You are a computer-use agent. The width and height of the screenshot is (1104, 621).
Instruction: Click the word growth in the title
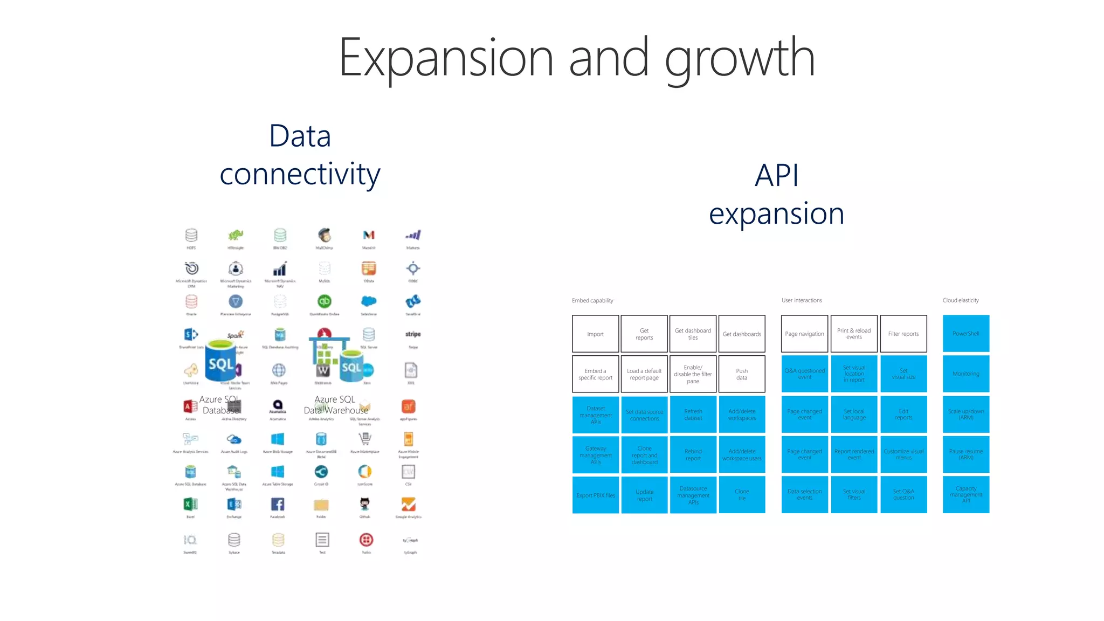point(740,58)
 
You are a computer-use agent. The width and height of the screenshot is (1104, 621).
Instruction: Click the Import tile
point(595,334)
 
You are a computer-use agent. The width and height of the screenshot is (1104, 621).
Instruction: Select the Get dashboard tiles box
point(693,334)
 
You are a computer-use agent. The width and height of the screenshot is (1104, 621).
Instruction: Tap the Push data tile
point(742,374)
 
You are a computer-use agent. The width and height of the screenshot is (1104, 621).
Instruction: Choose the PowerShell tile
point(965,334)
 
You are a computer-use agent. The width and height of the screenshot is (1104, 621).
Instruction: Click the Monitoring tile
point(965,374)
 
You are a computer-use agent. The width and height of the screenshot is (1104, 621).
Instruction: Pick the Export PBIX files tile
point(595,495)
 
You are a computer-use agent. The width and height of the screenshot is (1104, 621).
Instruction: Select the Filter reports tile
point(903,334)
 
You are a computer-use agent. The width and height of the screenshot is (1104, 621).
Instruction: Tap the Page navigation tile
point(804,334)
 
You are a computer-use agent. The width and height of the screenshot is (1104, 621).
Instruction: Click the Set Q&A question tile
point(903,494)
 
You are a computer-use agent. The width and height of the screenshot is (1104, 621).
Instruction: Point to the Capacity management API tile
point(965,494)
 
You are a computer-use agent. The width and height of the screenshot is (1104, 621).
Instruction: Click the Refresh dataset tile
point(693,415)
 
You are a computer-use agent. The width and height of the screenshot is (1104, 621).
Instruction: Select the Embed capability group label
point(592,301)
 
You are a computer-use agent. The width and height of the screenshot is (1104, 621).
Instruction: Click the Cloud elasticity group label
point(960,300)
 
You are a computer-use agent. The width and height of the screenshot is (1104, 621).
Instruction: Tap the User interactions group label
point(802,300)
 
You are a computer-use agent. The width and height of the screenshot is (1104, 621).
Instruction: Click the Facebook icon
point(278,505)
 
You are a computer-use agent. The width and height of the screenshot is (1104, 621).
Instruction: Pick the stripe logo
point(413,334)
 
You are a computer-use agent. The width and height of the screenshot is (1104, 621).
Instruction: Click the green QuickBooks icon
point(324,301)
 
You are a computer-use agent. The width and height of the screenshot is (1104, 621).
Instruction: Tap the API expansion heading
point(776,194)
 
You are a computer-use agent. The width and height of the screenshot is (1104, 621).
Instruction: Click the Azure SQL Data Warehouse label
point(335,405)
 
